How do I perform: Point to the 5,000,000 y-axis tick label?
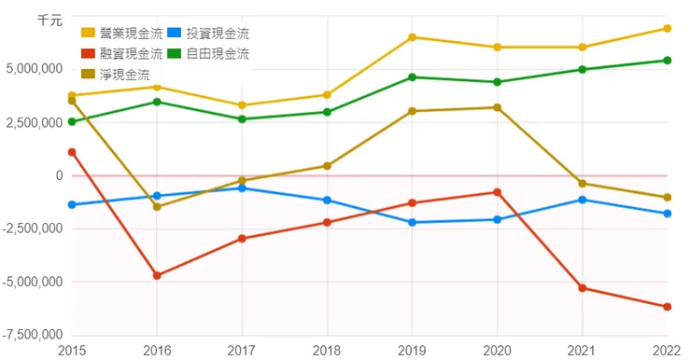click(x=33, y=69)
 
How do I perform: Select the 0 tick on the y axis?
click(x=59, y=175)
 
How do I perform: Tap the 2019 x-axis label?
click(x=412, y=350)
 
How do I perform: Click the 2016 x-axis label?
click(x=157, y=350)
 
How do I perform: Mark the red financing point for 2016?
click(x=157, y=275)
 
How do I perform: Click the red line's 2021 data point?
click(x=583, y=287)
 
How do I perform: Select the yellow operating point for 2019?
click(x=412, y=37)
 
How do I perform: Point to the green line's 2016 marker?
click(x=157, y=102)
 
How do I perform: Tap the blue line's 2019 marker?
click(x=412, y=222)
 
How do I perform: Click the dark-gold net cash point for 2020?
click(x=497, y=107)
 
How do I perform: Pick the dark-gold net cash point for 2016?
click(x=157, y=206)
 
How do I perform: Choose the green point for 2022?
click(x=668, y=61)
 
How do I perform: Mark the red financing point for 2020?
click(x=497, y=192)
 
